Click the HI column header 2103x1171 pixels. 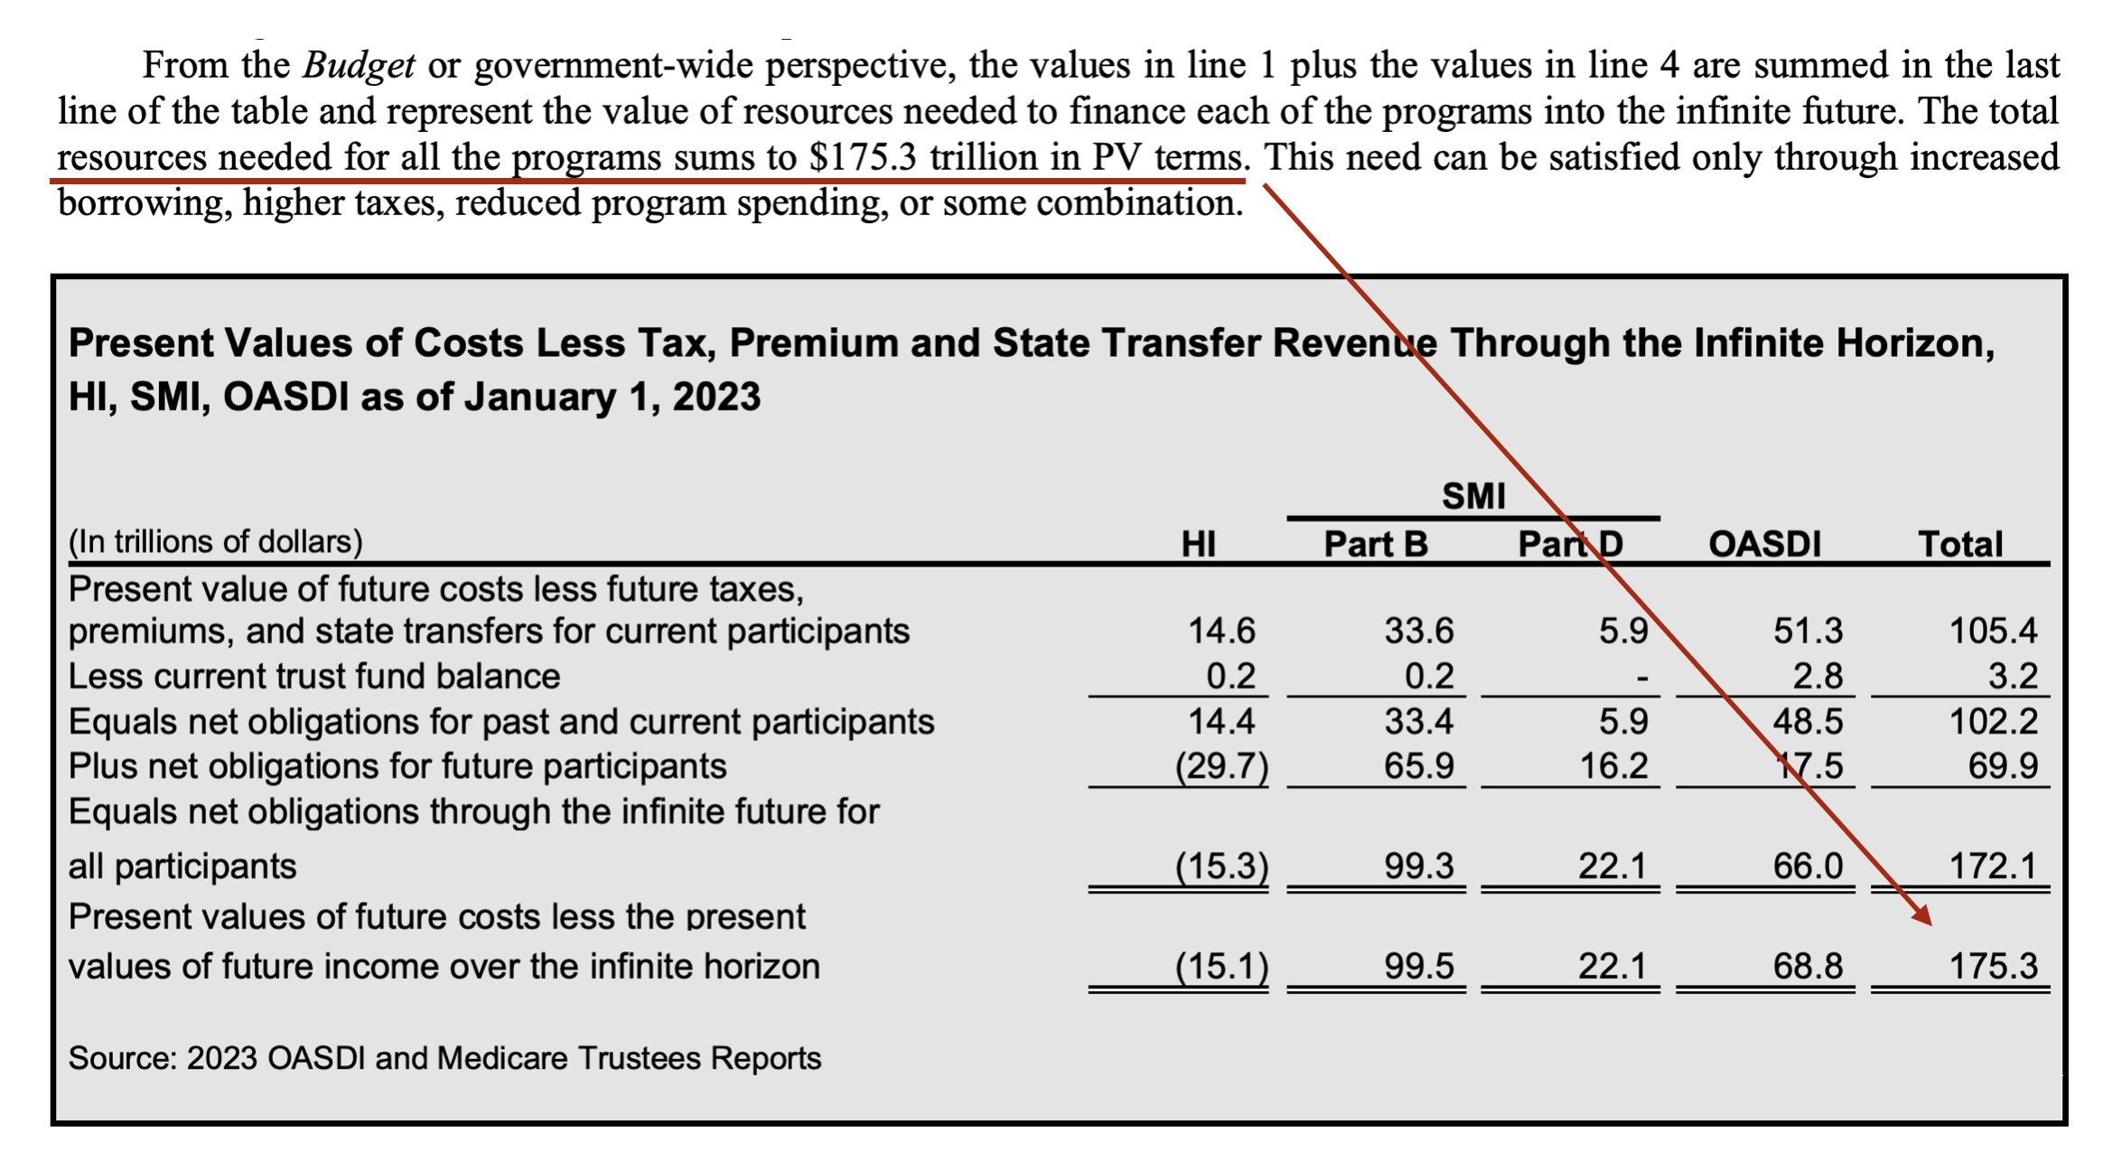[1198, 544]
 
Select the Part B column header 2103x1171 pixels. [1375, 544]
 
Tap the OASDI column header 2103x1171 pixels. [1764, 544]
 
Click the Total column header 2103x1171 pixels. [1960, 544]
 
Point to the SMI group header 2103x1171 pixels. [1473, 496]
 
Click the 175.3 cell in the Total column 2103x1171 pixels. [1993, 966]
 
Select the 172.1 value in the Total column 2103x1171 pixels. [1993, 866]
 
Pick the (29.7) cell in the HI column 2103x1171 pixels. [1221, 766]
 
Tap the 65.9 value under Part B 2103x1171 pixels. [1418, 766]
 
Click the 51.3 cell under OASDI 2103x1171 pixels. [1807, 631]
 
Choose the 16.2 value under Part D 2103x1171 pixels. [1613, 766]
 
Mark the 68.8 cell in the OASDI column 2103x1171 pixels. [1807, 966]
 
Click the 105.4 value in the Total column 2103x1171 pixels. [1993, 631]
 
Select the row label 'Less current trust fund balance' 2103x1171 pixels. [314, 676]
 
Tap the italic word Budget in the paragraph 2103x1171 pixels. [359, 65]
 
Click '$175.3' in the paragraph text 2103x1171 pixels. [863, 157]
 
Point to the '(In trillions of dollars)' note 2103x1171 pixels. [215, 541]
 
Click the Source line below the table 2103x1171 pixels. [444, 1058]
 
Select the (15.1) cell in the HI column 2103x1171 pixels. [1221, 966]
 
